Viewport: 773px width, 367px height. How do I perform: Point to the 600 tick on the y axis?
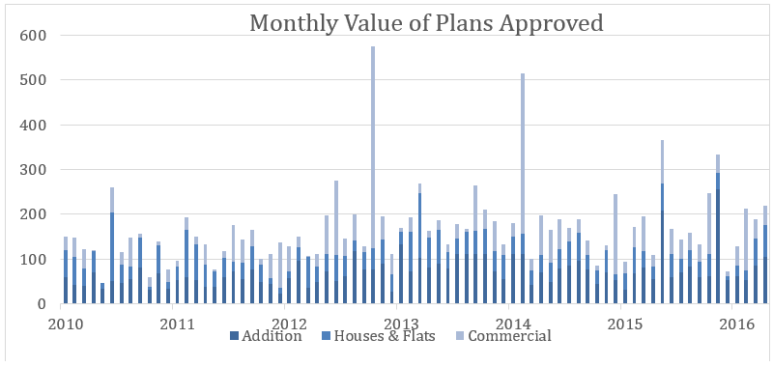(34, 36)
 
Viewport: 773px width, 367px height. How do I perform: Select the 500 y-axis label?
(34, 80)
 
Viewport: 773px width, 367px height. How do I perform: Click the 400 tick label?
(34, 126)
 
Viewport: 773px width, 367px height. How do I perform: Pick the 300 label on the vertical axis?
(34, 170)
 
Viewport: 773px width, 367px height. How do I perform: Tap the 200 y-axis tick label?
(34, 214)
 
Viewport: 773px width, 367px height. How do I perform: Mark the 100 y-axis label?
(34, 259)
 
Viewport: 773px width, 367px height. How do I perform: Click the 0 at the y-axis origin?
(43, 304)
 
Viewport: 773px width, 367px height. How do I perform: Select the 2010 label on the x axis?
(61, 325)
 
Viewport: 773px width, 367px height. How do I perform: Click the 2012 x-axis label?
(285, 325)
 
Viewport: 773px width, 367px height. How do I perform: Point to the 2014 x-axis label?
(509, 325)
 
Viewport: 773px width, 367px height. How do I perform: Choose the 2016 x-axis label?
(732, 325)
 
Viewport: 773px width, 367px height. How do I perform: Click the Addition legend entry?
(266, 336)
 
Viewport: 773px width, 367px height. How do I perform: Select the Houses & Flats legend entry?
(379, 336)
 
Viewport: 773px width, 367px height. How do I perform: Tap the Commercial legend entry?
(502, 336)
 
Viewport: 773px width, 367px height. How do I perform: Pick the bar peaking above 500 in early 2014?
(523, 188)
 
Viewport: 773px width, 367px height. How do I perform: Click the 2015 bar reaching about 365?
(663, 222)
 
